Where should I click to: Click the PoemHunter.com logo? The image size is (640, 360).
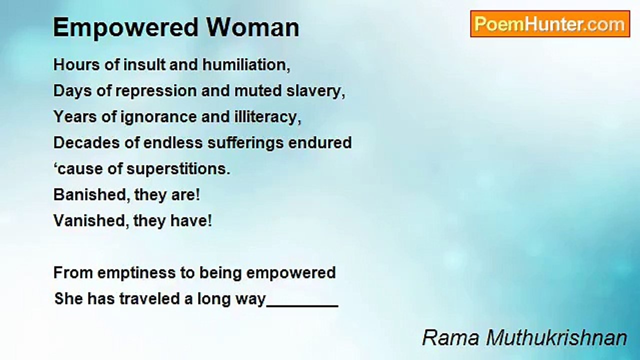[550, 24]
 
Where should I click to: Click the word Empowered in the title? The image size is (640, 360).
[125, 28]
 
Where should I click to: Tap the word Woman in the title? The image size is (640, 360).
[252, 27]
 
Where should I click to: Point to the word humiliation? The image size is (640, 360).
[246, 64]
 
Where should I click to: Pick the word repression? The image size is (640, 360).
[156, 91]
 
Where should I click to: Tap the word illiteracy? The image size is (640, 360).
[267, 117]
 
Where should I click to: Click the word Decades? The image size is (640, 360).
[86, 142]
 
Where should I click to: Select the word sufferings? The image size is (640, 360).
[245, 143]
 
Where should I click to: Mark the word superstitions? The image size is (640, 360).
[178, 169]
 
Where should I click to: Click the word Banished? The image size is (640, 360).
[89, 195]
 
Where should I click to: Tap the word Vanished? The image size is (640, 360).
[89, 221]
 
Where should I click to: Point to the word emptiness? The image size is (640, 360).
[136, 273]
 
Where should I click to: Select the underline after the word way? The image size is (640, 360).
[302, 306]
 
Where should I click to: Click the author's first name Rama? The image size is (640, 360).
[450, 338]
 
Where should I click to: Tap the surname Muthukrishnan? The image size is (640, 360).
[556, 338]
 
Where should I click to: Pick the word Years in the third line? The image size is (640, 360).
[75, 117]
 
